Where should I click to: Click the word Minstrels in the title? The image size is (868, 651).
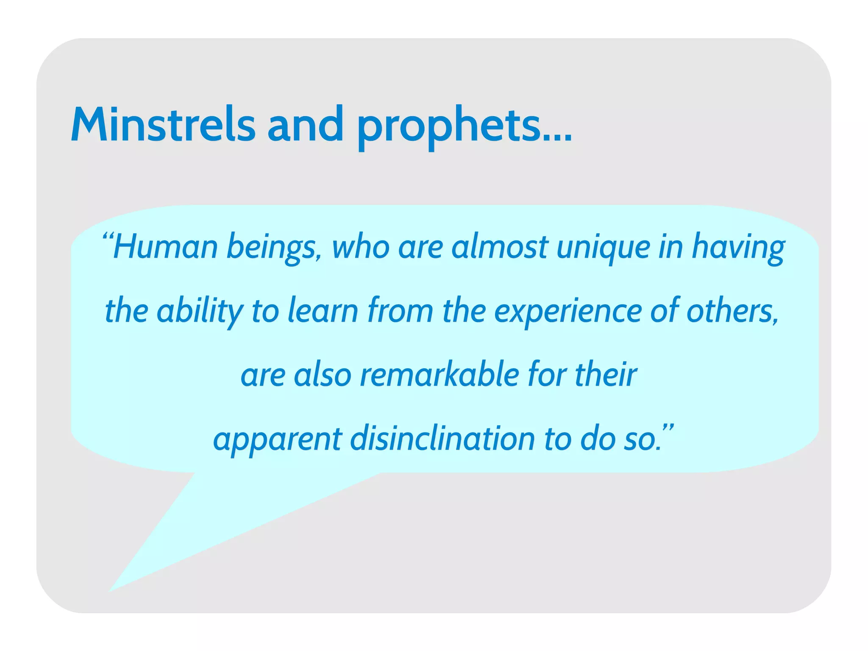tap(163, 124)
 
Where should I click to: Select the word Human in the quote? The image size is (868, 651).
tap(165, 247)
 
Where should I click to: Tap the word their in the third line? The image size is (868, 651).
tap(606, 375)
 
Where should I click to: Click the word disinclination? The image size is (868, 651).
tap(442, 439)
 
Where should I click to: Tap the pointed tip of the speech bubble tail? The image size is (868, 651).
tap(110, 591)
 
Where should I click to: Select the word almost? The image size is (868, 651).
tap(500, 247)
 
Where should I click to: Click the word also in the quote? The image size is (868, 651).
tap(323, 375)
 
